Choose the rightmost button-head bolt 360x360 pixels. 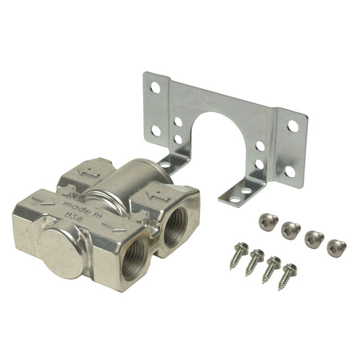336,247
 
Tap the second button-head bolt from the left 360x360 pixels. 291,230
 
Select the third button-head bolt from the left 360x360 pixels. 313,239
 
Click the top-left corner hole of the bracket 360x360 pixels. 155,87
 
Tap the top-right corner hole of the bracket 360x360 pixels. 293,126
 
